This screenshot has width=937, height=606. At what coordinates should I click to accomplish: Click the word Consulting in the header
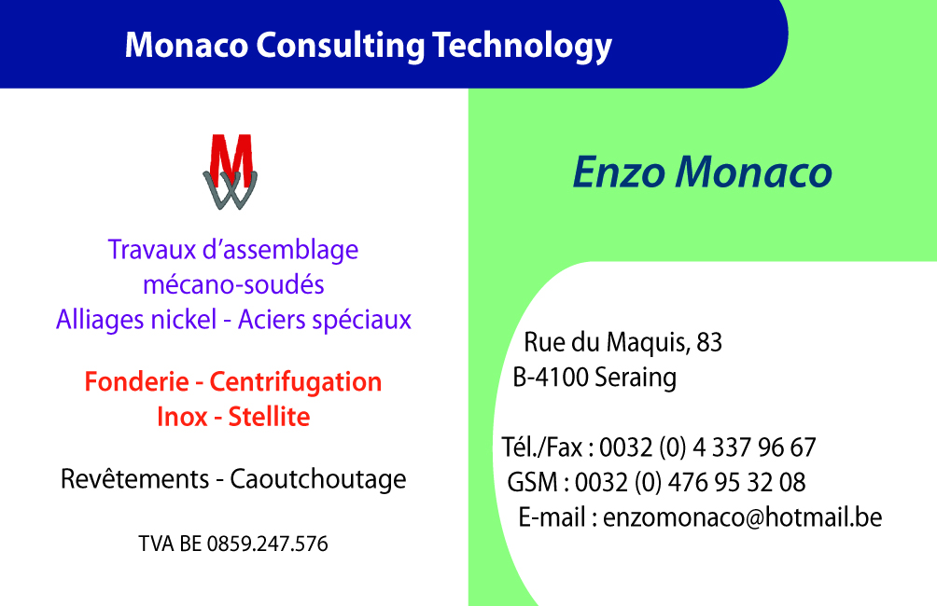click(x=341, y=47)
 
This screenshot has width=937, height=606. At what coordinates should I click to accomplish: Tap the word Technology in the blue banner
click(x=523, y=47)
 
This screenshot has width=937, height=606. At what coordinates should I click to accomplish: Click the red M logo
click(x=231, y=172)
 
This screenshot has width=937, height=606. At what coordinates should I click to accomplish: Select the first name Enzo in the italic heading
click(x=619, y=172)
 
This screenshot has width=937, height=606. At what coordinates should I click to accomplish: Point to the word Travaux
click(x=152, y=250)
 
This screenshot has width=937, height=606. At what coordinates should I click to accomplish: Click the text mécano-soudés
click(x=233, y=284)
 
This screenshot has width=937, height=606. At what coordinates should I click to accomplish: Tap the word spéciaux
click(x=371, y=321)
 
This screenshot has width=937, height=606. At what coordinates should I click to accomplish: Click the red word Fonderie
click(x=137, y=381)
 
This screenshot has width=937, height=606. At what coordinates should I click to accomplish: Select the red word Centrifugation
click(x=296, y=382)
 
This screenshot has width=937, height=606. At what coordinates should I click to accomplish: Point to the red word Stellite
click(x=269, y=417)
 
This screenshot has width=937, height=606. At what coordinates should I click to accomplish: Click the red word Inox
click(x=182, y=417)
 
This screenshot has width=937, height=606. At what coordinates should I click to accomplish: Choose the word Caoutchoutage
click(x=318, y=479)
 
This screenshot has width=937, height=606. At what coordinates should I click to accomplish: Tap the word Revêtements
click(x=135, y=479)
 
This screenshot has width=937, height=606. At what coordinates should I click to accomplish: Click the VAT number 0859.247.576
click(x=267, y=544)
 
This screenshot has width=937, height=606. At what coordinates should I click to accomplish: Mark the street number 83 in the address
click(x=709, y=342)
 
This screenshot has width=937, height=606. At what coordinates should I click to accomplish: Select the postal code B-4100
click(x=551, y=378)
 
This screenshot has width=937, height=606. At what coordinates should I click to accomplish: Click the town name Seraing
click(x=636, y=379)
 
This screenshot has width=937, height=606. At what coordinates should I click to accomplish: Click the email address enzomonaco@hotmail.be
click(x=743, y=517)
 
